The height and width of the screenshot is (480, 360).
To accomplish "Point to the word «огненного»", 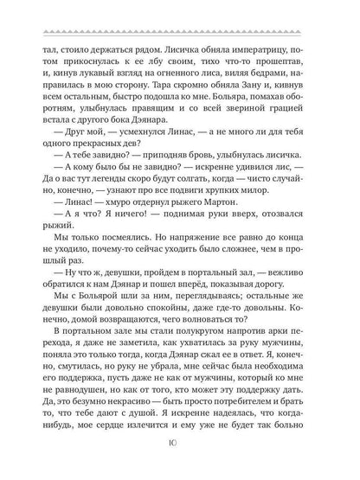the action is (180, 77).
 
